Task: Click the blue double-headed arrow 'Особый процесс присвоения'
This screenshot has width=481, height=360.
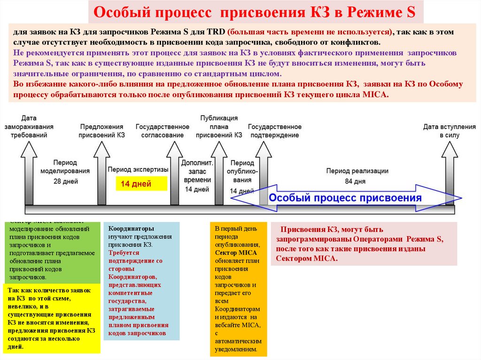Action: click(x=345, y=198)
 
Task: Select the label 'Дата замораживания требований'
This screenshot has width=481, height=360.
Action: click(x=29, y=127)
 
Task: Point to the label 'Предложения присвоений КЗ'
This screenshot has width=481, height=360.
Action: click(x=101, y=131)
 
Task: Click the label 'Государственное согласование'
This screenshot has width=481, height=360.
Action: click(x=163, y=131)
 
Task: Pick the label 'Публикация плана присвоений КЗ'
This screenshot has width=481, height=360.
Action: click(x=219, y=127)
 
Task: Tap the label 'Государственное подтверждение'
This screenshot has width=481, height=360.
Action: click(x=275, y=131)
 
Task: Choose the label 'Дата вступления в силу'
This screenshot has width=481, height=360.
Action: click(x=449, y=131)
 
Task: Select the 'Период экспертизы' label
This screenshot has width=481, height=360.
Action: click(x=138, y=169)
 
